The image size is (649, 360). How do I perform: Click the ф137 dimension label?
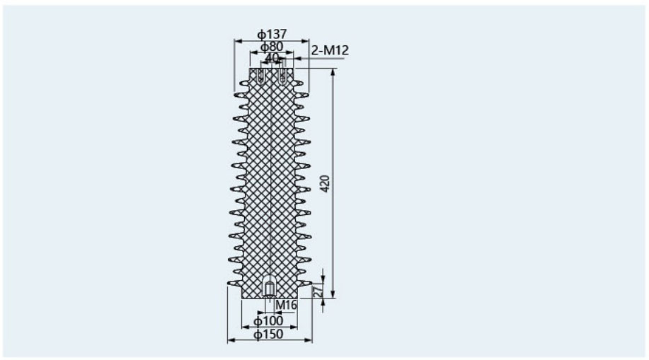click(x=272, y=34)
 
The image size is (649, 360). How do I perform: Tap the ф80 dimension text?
click(x=272, y=47)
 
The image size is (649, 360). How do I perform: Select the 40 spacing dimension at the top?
click(x=272, y=57)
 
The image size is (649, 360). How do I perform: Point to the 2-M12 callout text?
click(x=330, y=50)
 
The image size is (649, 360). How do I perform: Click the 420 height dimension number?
click(x=326, y=183)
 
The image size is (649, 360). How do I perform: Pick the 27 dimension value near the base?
click(x=318, y=290)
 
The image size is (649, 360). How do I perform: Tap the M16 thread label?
click(x=287, y=305)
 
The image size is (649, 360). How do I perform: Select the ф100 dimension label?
click(x=268, y=321)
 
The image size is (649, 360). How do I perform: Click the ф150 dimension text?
click(x=268, y=335)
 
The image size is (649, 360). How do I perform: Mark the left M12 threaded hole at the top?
click(x=260, y=76)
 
